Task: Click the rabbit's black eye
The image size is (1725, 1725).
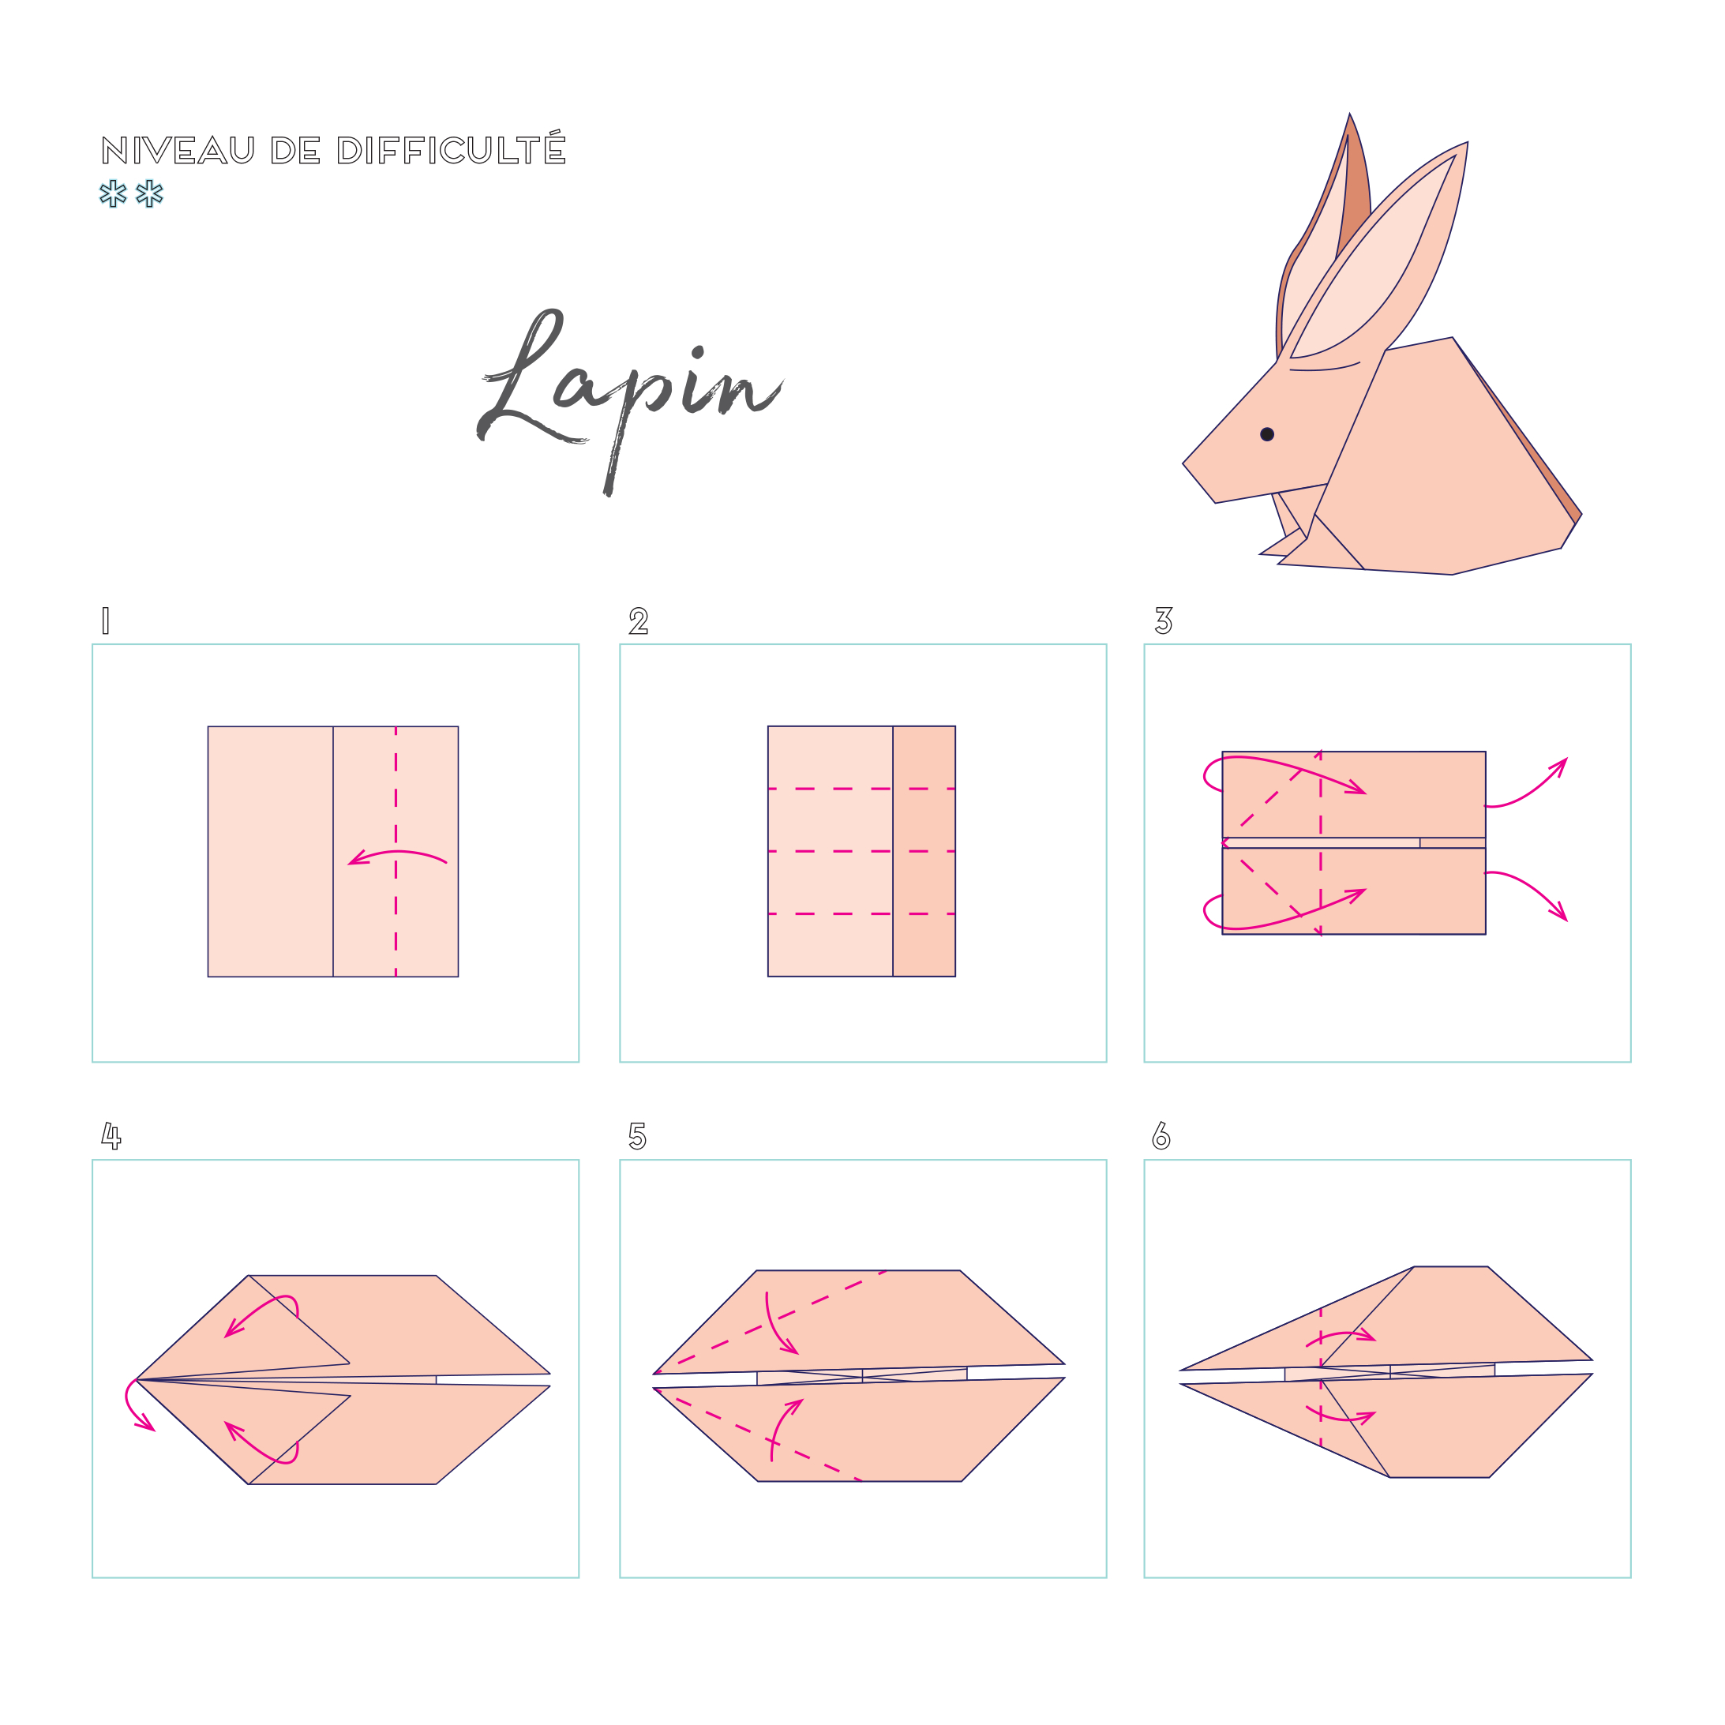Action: [x=1267, y=435]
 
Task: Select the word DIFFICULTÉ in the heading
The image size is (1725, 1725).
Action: [x=452, y=148]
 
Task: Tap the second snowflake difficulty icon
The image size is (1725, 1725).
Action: [x=149, y=193]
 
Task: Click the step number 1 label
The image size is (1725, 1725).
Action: [x=105, y=621]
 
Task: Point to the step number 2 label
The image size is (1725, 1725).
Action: [x=639, y=621]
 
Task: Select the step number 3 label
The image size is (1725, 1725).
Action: [x=1164, y=621]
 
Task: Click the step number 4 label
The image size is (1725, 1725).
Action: [x=111, y=1136]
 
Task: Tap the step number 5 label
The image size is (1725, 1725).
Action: [x=638, y=1136]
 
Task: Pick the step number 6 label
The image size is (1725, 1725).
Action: [x=1161, y=1136]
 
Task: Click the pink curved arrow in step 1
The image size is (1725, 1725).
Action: [x=397, y=853]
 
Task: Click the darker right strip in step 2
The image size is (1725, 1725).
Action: [x=924, y=851]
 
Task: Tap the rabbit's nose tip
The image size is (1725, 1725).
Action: [x=1184, y=463]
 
